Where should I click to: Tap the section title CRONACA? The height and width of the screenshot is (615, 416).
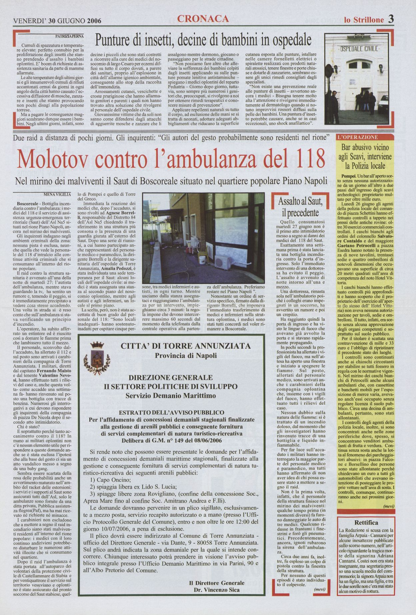203,19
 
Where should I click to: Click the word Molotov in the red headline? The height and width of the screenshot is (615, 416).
52,159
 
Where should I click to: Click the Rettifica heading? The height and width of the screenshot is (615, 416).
366,523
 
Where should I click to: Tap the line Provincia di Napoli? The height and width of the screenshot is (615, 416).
186,355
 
